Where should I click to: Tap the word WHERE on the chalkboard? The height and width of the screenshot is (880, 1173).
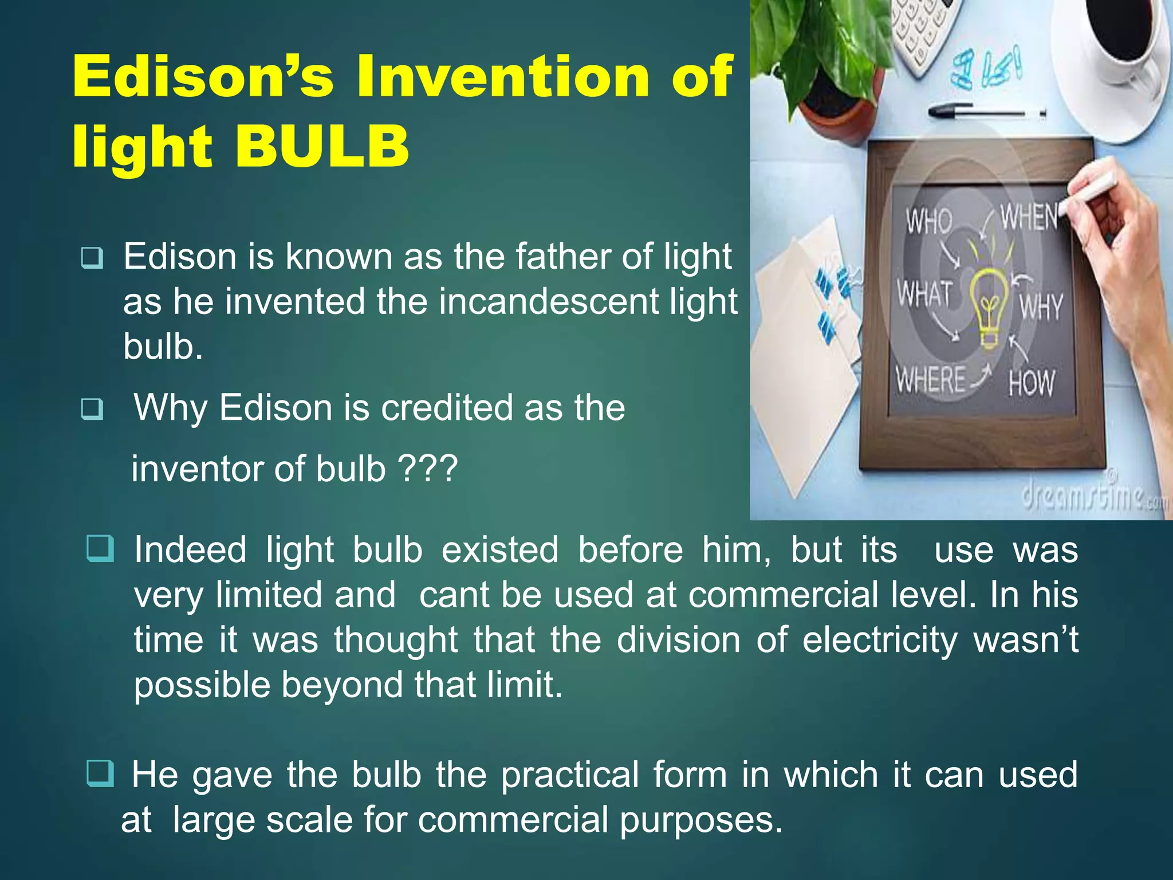pos(930,379)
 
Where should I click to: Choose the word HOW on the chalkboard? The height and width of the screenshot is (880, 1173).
pos(1031,383)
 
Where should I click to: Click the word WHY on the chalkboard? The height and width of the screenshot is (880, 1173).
pos(1040,307)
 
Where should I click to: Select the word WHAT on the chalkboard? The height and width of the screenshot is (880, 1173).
pos(924,294)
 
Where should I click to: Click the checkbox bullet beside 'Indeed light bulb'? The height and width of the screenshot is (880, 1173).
pos(100,549)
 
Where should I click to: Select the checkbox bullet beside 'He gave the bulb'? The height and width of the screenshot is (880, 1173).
pos(100,773)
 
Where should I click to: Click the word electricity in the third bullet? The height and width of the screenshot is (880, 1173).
pos(880,639)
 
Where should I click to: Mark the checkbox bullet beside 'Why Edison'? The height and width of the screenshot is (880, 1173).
pos(92,409)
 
